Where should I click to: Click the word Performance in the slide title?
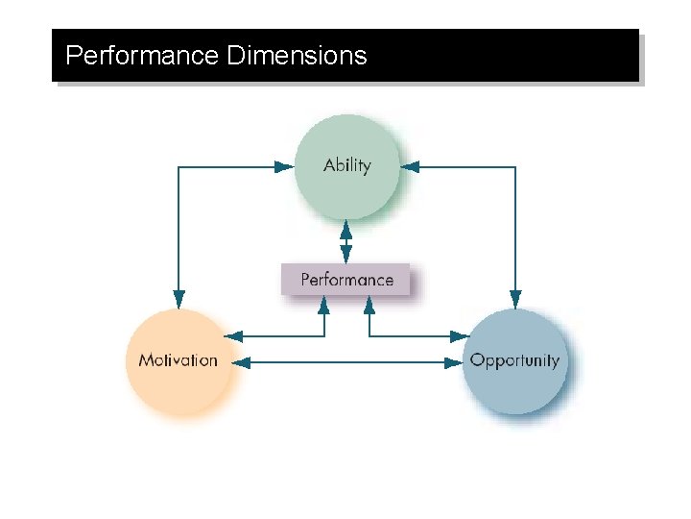click(x=142, y=56)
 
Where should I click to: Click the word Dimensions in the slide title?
click(x=298, y=56)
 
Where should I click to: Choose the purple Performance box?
click(x=346, y=280)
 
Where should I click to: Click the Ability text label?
click(x=346, y=165)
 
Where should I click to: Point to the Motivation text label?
click(x=179, y=360)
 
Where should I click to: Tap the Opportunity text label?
click(x=514, y=360)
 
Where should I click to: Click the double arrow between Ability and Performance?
click(x=346, y=242)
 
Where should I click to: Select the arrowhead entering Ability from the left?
click(x=284, y=166)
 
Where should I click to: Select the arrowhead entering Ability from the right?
click(x=411, y=166)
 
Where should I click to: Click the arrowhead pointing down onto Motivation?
click(x=178, y=299)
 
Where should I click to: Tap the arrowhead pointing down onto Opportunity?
click(x=515, y=299)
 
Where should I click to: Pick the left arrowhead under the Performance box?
click(x=324, y=304)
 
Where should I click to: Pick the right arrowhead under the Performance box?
click(x=369, y=304)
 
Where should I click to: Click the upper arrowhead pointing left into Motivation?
click(x=233, y=336)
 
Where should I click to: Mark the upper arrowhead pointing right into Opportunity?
click(x=459, y=336)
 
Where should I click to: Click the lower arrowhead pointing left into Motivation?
click(x=242, y=362)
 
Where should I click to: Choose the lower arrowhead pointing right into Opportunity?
click(x=454, y=362)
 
